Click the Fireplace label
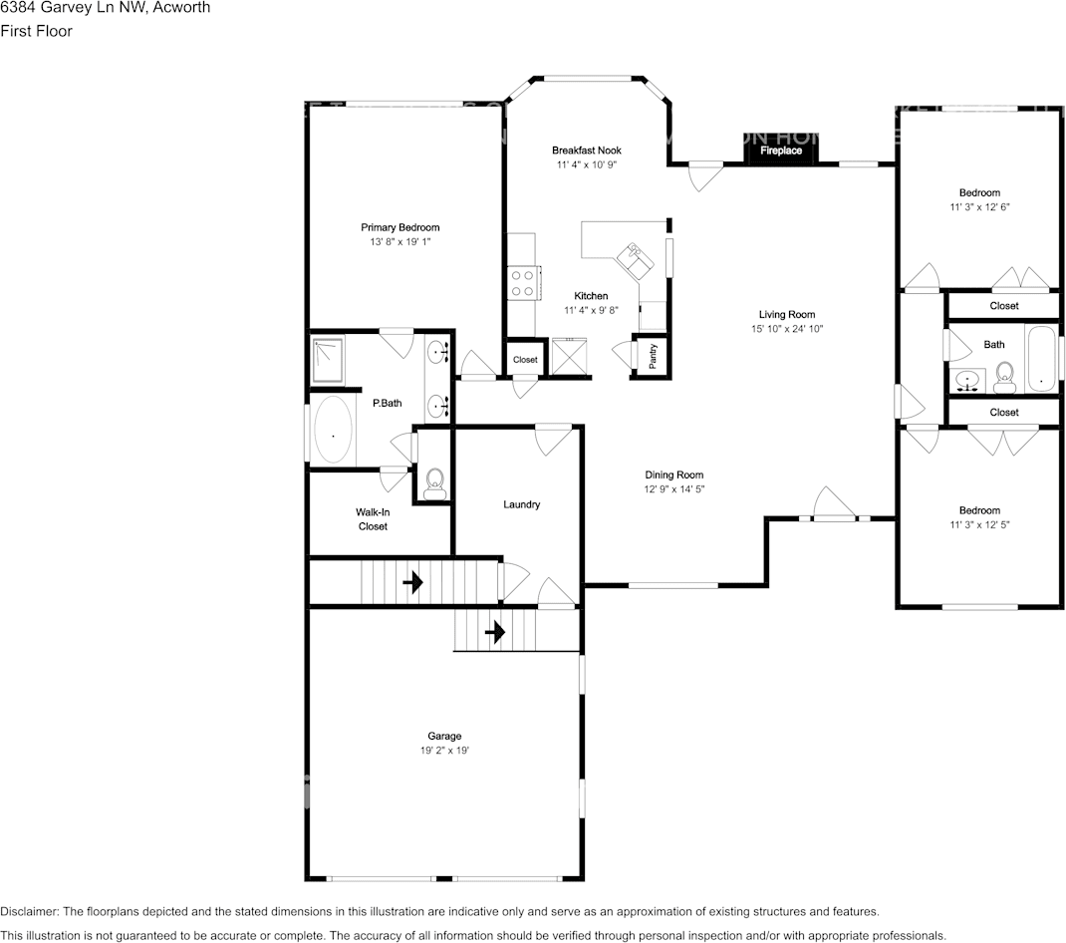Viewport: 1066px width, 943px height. [x=781, y=151]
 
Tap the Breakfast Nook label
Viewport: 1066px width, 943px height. [x=587, y=151]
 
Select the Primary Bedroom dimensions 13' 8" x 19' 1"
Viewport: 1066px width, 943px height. [x=400, y=242]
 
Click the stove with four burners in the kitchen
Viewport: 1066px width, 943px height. [x=522, y=283]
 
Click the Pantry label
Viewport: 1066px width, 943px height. [x=653, y=356]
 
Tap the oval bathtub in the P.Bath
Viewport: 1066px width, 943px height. [x=333, y=432]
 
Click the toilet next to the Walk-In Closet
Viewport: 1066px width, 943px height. [x=433, y=484]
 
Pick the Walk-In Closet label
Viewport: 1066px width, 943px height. [x=373, y=519]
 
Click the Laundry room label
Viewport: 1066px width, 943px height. [x=521, y=504]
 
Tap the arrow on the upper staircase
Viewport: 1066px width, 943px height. [x=412, y=580]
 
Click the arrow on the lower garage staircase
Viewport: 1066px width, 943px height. [x=494, y=631]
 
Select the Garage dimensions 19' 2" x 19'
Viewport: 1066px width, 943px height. [x=444, y=751]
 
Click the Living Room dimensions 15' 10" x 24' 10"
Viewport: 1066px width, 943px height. [x=787, y=329]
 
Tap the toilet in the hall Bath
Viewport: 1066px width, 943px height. [x=1004, y=374]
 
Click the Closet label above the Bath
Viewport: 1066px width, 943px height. [x=1004, y=306]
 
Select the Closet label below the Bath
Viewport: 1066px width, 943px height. [x=1004, y=412]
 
